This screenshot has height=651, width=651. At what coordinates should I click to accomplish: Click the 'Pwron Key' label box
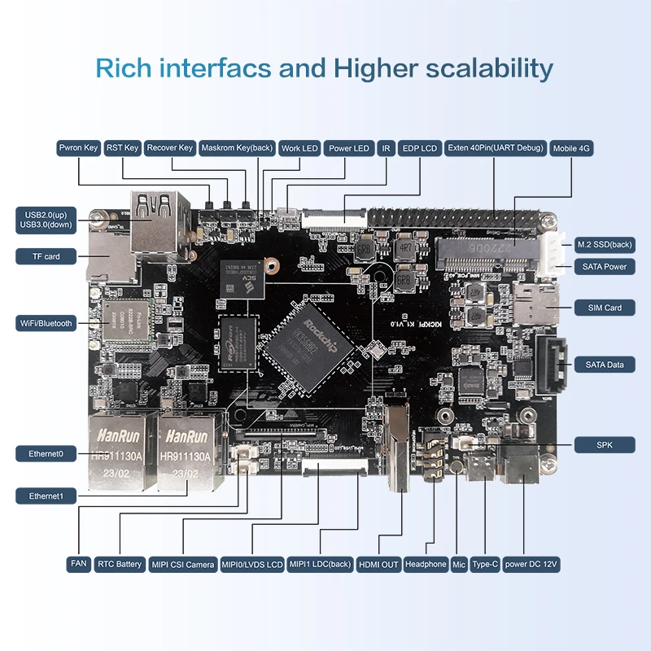[x=79, y=148]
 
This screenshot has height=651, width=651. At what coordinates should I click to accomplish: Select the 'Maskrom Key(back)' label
[x=236, y=148]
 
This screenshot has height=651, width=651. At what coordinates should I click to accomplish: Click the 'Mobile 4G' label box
[x=571, y=149]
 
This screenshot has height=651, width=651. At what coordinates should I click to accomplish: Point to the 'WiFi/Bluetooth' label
[x=46, y=323]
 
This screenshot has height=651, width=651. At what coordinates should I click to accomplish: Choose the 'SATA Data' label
[x=604, y=365]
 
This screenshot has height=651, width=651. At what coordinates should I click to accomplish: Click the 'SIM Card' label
[x=604, y=308]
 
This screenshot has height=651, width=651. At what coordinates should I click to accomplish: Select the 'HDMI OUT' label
[x=379, y=564]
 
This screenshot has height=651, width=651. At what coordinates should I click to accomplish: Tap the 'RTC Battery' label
[x=120, y=564]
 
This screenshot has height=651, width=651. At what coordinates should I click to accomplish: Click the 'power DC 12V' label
[x=531, y=564]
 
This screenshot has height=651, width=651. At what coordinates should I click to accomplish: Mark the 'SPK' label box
[x=604, y=445]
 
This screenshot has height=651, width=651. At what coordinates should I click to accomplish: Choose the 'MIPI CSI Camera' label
[x=183, y=564]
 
